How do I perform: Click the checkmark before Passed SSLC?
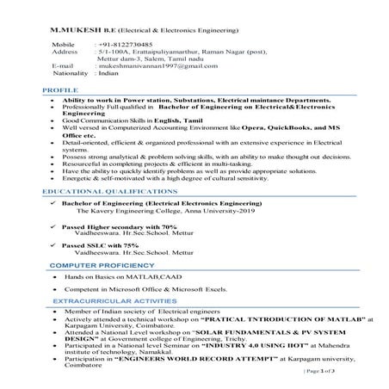[53, 245]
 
